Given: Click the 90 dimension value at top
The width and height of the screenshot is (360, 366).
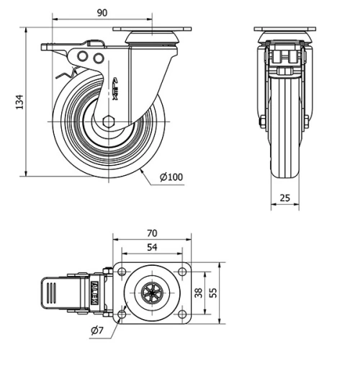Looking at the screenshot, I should (x=102, y=13).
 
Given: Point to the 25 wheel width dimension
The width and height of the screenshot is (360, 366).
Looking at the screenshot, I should (x=285, y=197).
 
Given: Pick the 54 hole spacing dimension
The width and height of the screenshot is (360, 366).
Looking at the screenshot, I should (x=152, y=248).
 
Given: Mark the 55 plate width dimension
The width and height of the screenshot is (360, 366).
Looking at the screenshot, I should (x=213, y=293).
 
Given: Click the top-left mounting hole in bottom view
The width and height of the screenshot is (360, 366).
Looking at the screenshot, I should (x=122, y=272).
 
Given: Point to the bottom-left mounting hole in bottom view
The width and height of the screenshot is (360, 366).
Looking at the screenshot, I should (x=122, y=314).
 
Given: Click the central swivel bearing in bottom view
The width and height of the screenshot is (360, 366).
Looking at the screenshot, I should (x=151, y=293).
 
